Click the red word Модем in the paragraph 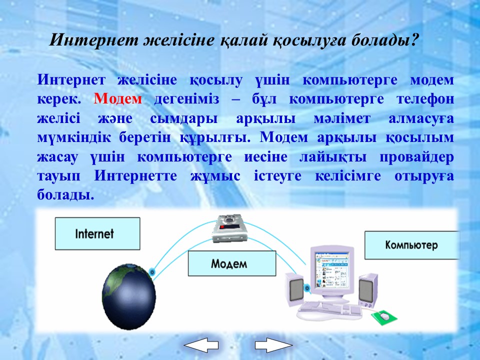[118, 99]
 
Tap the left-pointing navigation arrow [201, 345]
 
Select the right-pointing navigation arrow [274, 345]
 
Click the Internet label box [97, 233]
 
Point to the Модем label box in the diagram [231, 263]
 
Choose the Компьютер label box [411, 245]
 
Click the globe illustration [129, 296]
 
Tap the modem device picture [229, 228]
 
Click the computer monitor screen [332, 269]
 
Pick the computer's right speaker [368, 290]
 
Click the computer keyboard [329, 310]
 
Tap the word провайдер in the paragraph [416, 157]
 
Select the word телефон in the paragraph [425, 99]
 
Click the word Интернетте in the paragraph [135, 176]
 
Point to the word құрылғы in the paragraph [215, 138]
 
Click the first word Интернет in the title [94, 40]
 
